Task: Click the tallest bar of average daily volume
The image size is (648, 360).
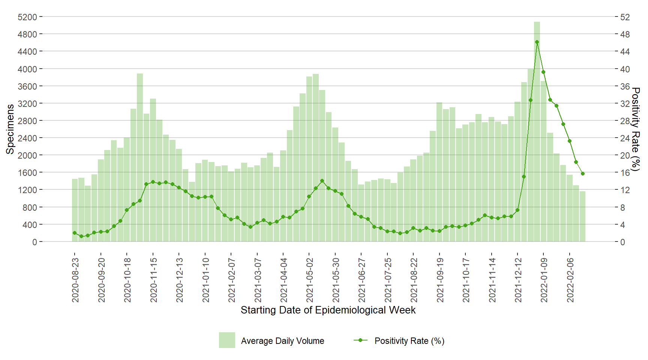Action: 537,131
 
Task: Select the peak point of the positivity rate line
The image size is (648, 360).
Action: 537,42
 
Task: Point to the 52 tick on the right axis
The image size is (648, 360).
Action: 625,17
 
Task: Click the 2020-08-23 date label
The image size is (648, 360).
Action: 75,280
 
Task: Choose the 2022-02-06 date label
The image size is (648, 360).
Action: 570,280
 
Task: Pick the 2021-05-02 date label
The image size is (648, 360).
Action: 310,280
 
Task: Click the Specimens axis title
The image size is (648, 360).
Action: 10,129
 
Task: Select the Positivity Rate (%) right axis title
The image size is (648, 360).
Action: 635,129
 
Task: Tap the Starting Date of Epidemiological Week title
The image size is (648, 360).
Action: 328,310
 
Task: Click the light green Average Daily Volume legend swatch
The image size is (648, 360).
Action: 227,340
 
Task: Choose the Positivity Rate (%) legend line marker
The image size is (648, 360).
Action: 360,340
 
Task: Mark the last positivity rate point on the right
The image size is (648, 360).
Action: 583,174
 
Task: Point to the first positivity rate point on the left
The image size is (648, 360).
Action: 75,233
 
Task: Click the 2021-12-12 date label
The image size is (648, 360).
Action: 518,280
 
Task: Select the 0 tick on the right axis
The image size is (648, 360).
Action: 622,242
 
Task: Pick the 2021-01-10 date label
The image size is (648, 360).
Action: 205,280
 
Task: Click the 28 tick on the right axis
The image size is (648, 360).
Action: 625,121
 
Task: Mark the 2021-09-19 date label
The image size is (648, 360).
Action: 440,280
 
